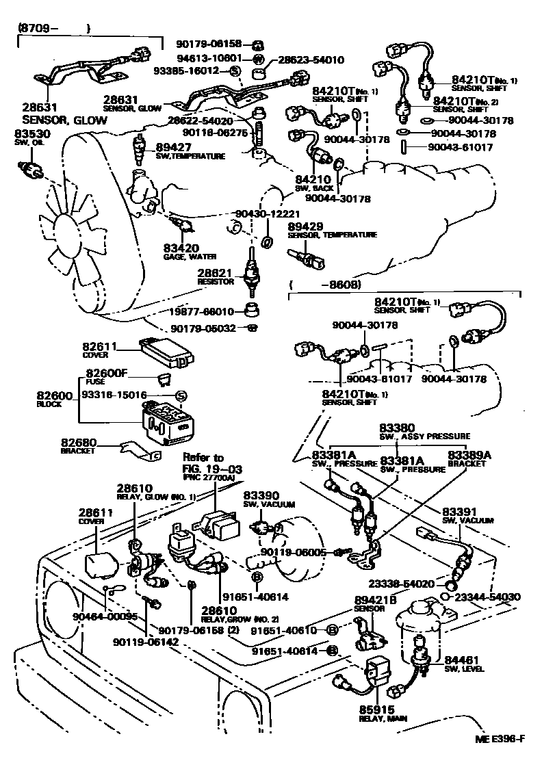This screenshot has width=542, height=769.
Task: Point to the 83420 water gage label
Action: click(180, 248)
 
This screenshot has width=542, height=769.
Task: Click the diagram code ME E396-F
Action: click(501, 739)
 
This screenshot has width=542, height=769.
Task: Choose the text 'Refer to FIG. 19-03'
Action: click(203, 462)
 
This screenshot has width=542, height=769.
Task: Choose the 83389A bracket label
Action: click(467, 454)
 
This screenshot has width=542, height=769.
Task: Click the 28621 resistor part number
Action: click(211, 272)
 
